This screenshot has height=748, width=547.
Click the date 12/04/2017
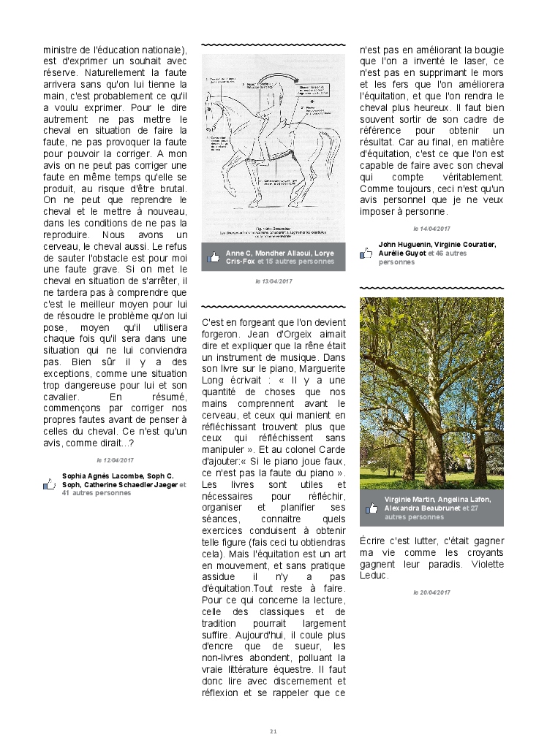pos(116,460)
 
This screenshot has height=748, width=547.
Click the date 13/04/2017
pos(273,280)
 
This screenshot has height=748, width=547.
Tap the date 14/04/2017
pos(431,229)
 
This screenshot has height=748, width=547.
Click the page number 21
pos(273,731)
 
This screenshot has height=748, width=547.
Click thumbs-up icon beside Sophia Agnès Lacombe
pos(49,484)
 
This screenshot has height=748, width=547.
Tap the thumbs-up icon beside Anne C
pos(214,256)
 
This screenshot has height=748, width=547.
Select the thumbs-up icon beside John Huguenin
pos(366,253)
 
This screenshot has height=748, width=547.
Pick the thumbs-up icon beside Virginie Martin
pos(371,508)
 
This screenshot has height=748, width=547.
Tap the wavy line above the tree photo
pos(431,289)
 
